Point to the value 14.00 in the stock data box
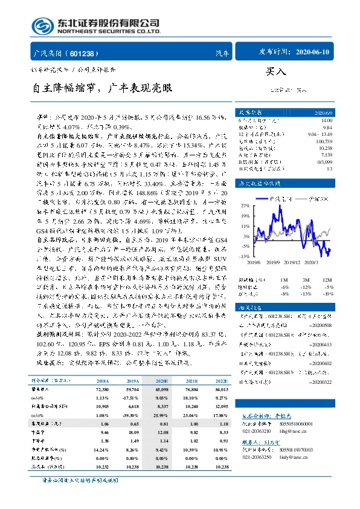(x=326, y=121)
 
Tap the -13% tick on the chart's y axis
(x=246, y=256)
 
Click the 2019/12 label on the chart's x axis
(x=292, y=262)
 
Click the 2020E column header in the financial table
(x=162, y=381)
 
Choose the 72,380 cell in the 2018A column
(x=102, y=390)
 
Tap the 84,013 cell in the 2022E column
(x=219, y=390)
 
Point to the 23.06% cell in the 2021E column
(x=190, y=417)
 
